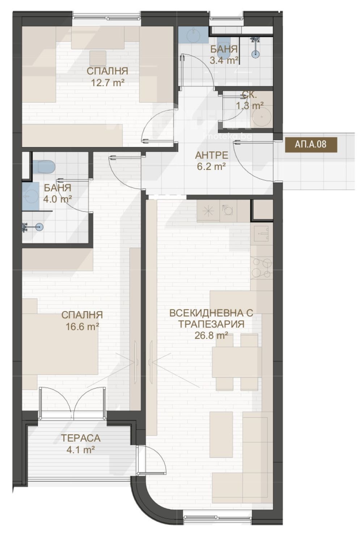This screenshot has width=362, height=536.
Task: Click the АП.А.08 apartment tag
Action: [311, 145]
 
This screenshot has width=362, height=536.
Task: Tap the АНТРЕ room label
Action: [211, 155]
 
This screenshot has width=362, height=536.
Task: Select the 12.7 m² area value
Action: [108, 83]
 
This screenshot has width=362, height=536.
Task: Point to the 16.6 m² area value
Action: [82, 326]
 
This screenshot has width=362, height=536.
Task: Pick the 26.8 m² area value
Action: [211, 335]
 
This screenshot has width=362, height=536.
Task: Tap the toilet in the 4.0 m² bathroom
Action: [44, 167]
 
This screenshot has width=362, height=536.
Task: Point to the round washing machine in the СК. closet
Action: [262, 117]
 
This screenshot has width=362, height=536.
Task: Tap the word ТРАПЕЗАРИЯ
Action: [211, 324]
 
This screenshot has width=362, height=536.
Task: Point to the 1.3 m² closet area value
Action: [250, 105]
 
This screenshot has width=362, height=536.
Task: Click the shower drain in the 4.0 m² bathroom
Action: [39, 226]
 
